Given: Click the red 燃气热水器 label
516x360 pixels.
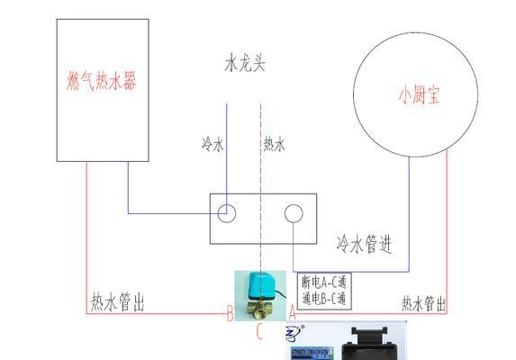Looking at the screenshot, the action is [101, 81].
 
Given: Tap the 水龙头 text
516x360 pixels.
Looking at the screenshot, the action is [245, 63].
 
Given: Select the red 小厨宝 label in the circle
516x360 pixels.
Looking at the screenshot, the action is [420, 94].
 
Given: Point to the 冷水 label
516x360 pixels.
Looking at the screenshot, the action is [213, 144].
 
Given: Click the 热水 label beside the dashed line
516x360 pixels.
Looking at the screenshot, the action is [274, 144].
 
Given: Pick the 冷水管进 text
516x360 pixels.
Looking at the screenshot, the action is [364, 244].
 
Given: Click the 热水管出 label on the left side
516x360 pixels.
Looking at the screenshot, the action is [117, 301].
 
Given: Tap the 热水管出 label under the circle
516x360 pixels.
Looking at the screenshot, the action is [423, 303].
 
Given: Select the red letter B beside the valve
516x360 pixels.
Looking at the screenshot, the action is [230, 313].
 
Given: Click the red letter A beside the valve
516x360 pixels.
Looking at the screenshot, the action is [293, 312].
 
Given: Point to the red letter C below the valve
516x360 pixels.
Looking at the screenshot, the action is [259, 331].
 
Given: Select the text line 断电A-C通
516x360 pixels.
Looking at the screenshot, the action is [324, 283].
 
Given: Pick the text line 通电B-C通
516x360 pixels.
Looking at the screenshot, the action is [324, 299].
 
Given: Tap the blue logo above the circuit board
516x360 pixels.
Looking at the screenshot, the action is [294, 334].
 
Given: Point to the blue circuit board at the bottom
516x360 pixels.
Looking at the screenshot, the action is [312, 354].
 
